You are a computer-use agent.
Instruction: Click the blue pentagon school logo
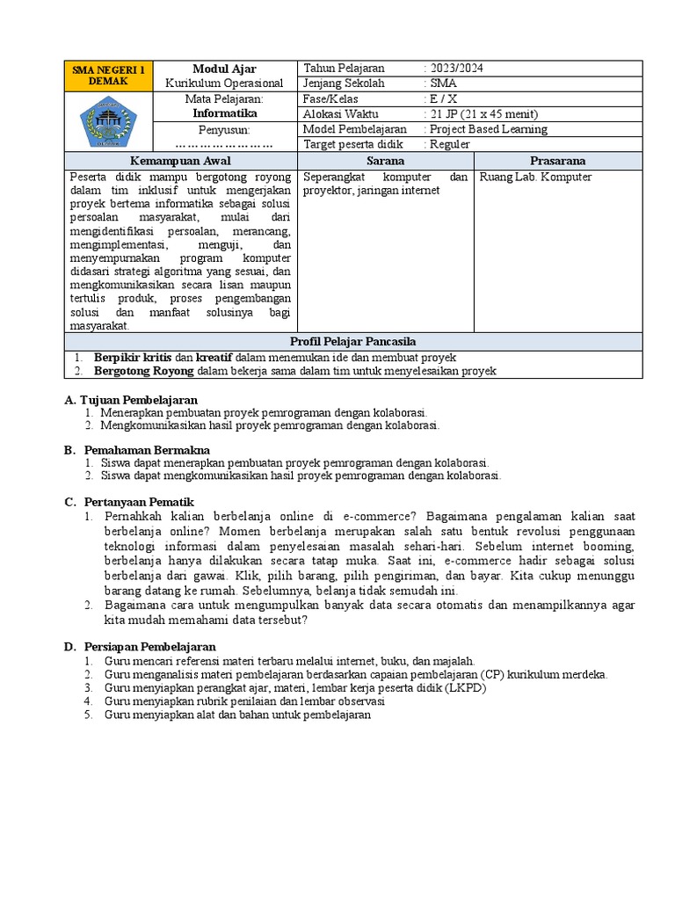pos(109,121)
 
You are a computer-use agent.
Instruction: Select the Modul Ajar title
pos(224,69)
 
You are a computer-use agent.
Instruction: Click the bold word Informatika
pos(224,113)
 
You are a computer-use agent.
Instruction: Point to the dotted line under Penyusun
pos(224,143)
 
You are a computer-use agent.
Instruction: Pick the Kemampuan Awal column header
pos(182,161)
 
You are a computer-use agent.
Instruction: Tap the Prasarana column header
pos(557,161)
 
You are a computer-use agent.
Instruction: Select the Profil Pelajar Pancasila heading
pos(352,341)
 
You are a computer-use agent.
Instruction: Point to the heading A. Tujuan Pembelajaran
pos(131,399)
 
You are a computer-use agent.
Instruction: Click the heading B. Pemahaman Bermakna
pos(134,450)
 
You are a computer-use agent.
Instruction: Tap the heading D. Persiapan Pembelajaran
pos(140,647)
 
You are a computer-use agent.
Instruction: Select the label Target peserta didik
pos(352,143)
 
